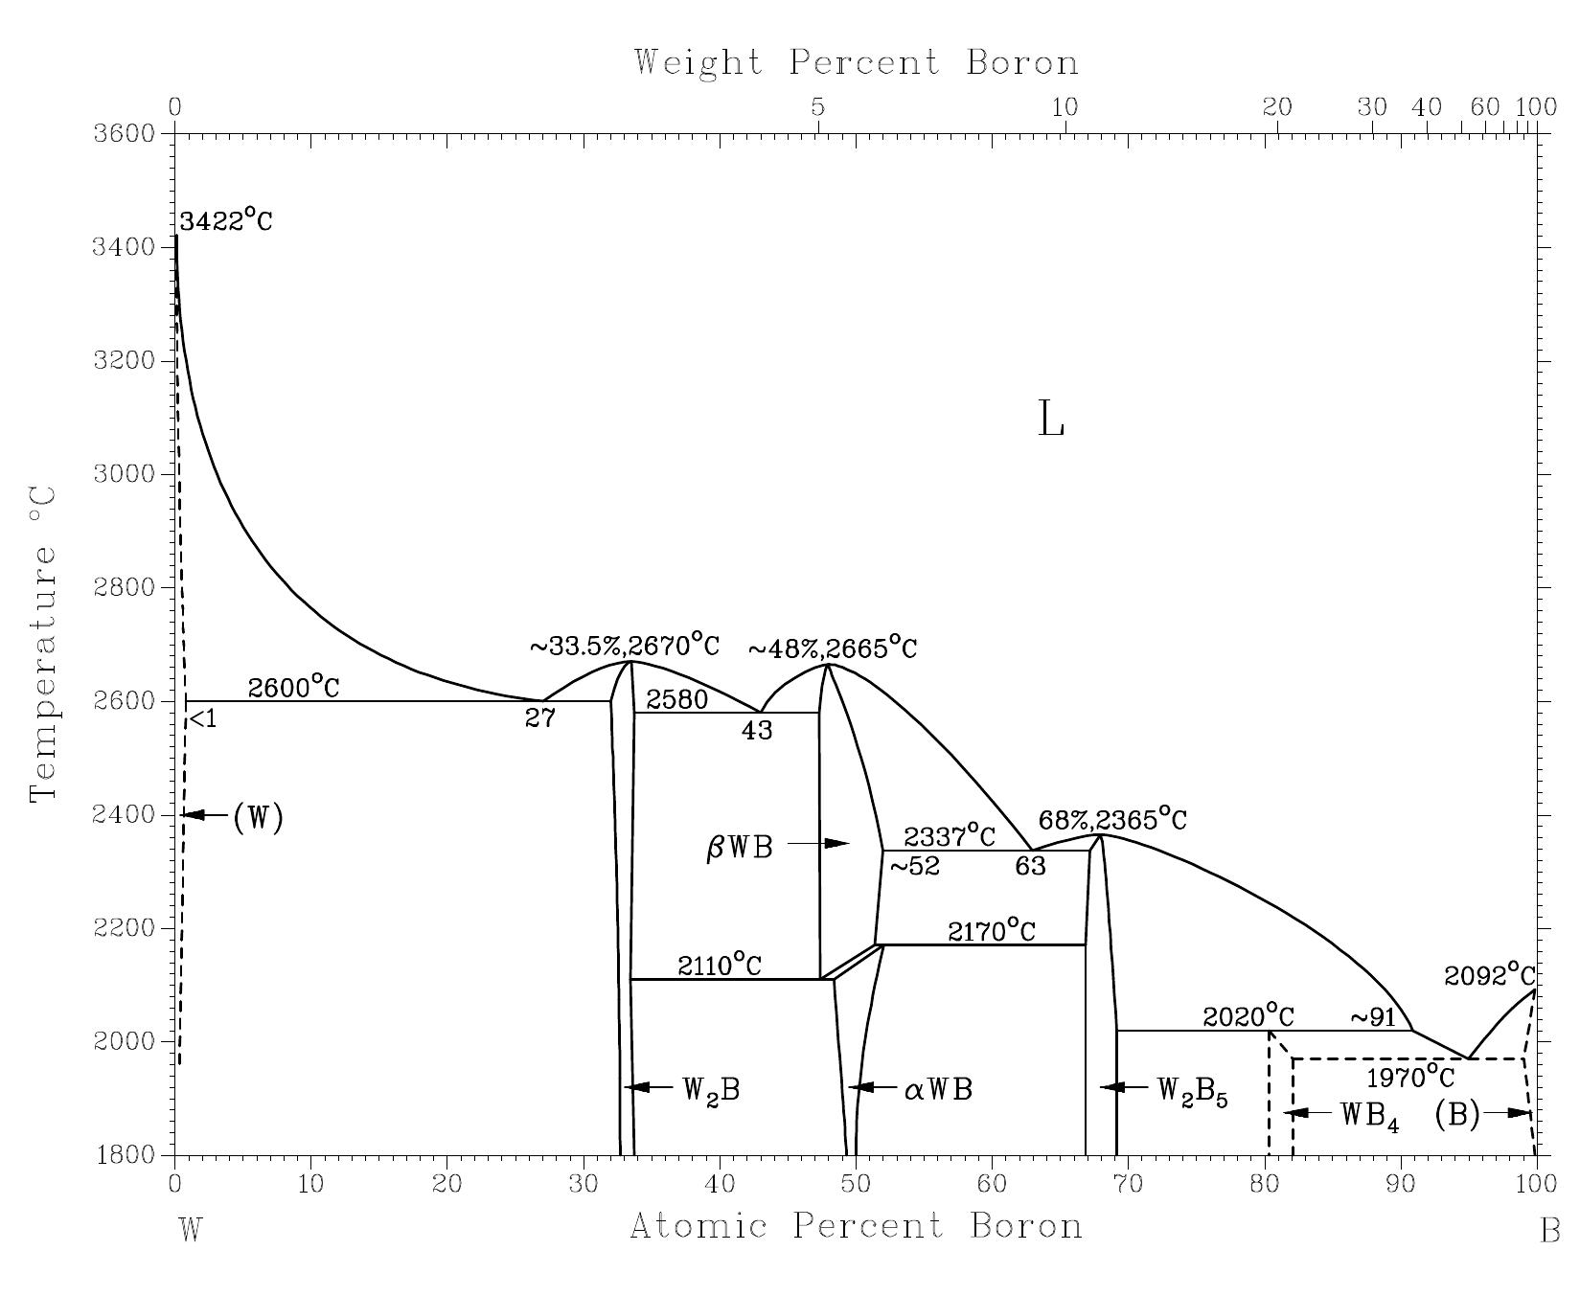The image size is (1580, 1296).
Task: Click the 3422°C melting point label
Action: coord(226,221)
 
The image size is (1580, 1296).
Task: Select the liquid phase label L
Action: coord(1051,420)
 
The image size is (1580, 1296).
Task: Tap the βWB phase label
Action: coord(739,848)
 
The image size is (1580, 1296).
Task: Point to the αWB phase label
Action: coord(938,1090)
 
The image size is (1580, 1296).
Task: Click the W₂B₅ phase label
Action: coord(1192,1091)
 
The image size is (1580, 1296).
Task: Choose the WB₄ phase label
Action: coord(1369,1116)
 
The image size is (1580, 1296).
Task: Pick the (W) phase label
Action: coord(258,817)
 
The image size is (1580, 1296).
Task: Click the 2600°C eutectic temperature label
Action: coord(293,687)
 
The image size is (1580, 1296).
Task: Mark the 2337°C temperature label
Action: coord(949,835)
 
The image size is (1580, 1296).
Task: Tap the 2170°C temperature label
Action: coord(992,931)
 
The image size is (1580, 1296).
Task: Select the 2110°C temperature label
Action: coord(720,966)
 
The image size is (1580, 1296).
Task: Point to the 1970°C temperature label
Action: coord(1409,1077)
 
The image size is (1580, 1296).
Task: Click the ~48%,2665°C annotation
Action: coord(832,648)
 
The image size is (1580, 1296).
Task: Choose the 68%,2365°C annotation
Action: coord(1112,820)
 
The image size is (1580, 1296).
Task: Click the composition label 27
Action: coord(539,718)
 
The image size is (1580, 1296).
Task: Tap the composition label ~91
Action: coord(1374,1017)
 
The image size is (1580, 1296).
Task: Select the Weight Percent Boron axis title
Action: coord(856,62)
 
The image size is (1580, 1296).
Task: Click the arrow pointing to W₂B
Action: coord(650,1087)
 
